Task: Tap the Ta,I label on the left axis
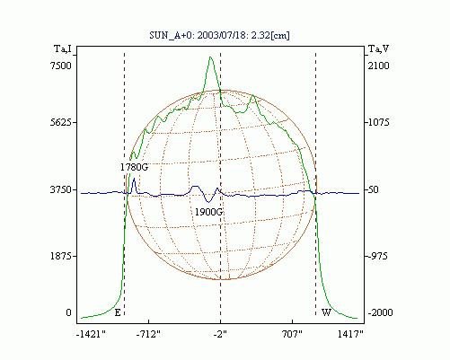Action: click(63, 48)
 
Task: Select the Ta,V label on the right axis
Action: click(378, 48)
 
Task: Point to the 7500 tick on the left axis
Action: click(61, 66)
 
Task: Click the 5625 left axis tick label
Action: click(61, 122)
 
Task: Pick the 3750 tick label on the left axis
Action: click(61, 189)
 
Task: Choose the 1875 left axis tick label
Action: click(61, 256)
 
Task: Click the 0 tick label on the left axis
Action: click(68, 312)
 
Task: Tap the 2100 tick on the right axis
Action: click(378, 66)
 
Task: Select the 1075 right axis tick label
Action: click(378, 122)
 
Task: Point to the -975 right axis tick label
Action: click(377, 256)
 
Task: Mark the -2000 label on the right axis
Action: click(380, 312)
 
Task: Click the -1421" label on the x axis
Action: click(91, 334)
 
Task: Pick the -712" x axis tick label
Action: click(148, 334)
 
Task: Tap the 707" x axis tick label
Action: click(292, 334)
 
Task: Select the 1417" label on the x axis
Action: click(350, 334)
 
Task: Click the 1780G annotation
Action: click(134, 167)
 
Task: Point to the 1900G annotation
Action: click(208, 212)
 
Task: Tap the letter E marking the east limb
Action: click(118, 312)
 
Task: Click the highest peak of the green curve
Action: click(210, 57)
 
